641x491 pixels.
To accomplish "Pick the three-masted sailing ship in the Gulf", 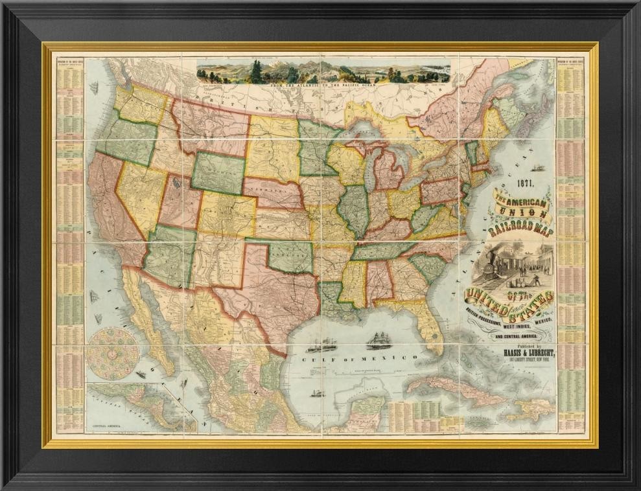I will [379, 340].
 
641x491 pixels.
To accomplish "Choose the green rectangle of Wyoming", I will [218, 173].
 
